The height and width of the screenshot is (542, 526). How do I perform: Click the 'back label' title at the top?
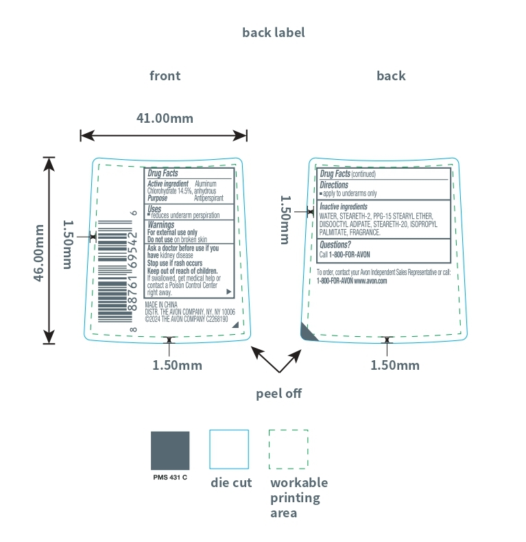pos(273,32)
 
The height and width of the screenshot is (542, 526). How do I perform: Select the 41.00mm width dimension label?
pos(165,118)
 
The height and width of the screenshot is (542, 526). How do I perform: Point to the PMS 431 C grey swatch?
pos(170,450)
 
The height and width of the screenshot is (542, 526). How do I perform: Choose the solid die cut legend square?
pos(229,449)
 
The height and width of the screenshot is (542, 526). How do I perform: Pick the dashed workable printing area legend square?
pos(289,449)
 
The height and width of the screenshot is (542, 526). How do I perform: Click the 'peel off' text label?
pos(278,394)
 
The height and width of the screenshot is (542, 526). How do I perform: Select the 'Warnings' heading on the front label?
pos(161,224)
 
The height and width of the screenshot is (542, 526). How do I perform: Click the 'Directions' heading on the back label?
pos(334,185)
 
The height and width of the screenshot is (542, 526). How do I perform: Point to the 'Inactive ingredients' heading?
pos(344,207)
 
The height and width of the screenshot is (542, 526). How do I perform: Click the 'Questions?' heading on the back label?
pos(335,244)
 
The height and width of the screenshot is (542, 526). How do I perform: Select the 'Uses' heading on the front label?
pos(154,208)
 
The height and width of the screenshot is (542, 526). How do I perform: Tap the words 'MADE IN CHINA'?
pos(162,304)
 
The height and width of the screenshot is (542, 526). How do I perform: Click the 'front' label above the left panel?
pos(165,75)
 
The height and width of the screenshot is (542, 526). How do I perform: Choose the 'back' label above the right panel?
pos(391,75)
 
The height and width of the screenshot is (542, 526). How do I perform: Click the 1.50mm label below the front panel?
pos(177,365)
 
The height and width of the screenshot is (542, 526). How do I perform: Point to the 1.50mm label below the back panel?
pos(395,365)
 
